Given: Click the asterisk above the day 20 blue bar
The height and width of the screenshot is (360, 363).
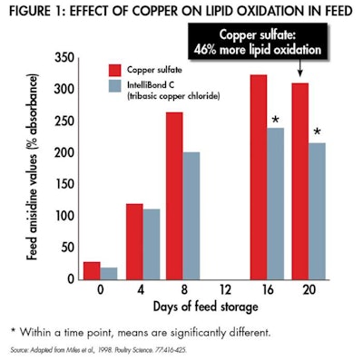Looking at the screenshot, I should tap(317, 132).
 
